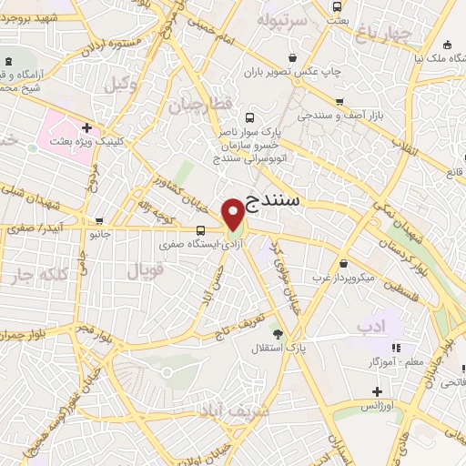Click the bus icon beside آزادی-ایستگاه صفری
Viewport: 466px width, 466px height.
coord(200,230)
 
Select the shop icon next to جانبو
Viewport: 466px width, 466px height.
coord(98,219)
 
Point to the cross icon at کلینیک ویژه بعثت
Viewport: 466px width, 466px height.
coord(86,127)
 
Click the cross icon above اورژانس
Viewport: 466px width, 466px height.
coord(376,391)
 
